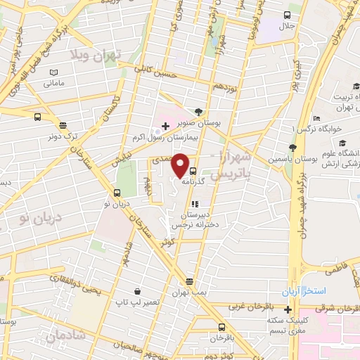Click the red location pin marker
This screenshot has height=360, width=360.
(x=181, y=165)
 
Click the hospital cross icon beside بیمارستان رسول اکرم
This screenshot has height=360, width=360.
(x=166, y=127)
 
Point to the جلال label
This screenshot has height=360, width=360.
(x=288, y=26)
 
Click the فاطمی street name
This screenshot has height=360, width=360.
(x=337, y=269)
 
